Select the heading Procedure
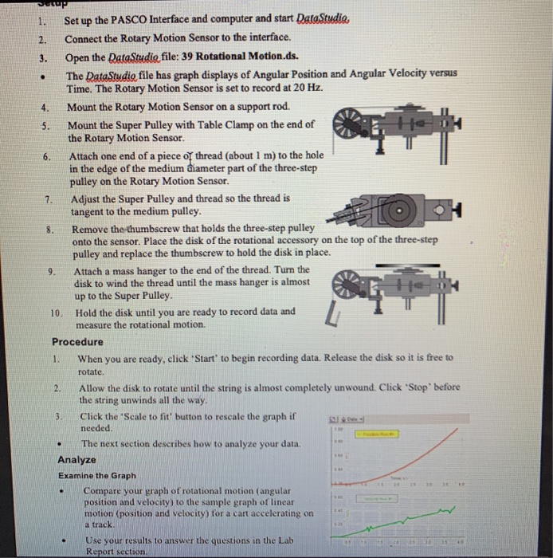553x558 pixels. pyautogui.click(x=78, y=341)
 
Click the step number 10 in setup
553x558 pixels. pyautogui.click(x=55, y=312)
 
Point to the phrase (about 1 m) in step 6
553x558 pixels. pyautogui.click(x=228, y=155)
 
